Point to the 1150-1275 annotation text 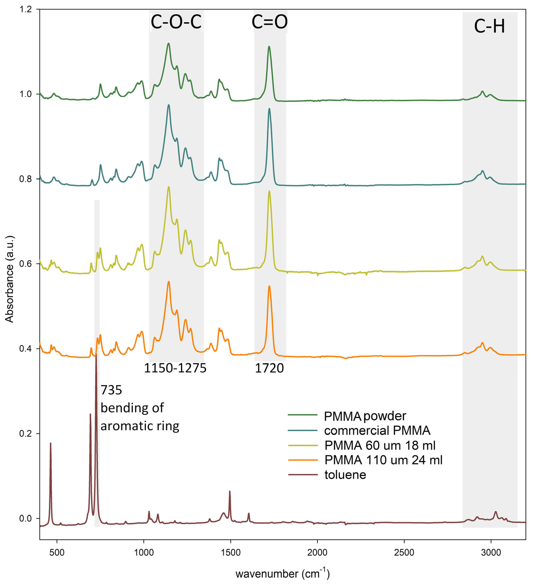pos(175,368)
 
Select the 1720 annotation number pos(269,368)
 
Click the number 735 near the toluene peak pos(111,390)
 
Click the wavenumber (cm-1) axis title pos(282,574)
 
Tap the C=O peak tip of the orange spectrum pos(269,286)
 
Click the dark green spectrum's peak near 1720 pos(269,46)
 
